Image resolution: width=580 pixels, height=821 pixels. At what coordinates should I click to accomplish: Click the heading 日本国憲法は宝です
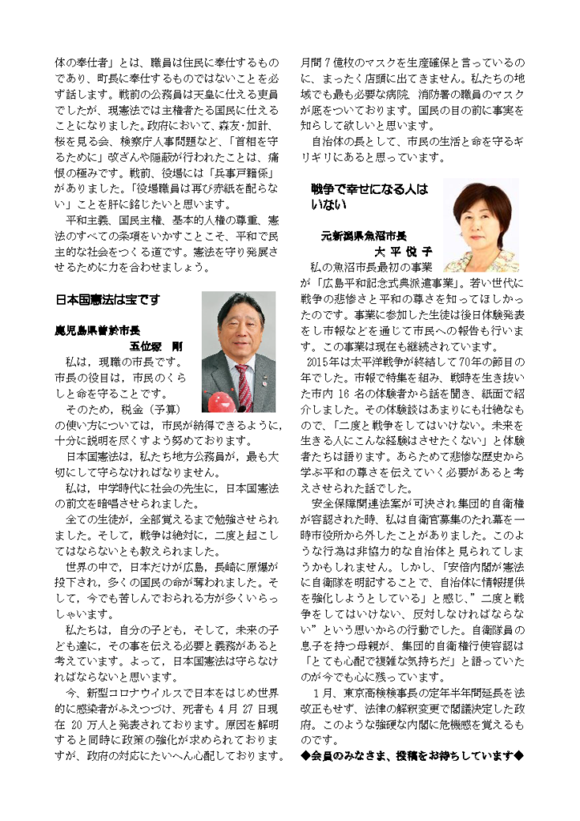[108, 300]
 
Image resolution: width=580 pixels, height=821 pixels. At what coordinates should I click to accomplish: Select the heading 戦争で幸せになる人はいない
[369, 196]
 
